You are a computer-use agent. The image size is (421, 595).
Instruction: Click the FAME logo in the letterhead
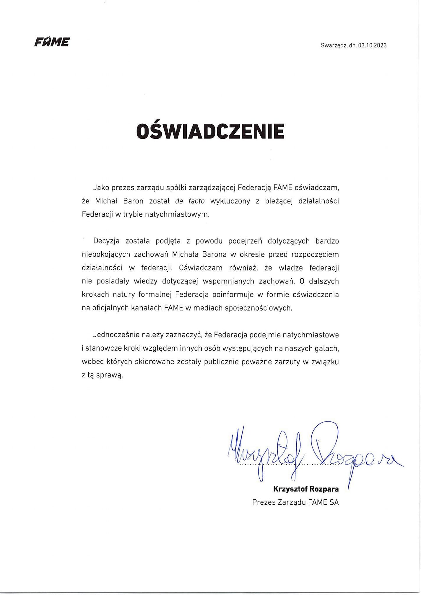click(52, 42)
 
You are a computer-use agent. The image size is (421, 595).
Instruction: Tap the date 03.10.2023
click(372, 45)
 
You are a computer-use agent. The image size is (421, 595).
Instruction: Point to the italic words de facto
click(190, 201)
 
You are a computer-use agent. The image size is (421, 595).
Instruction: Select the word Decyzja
click(106, 241)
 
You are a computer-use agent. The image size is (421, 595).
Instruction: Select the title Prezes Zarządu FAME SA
click(295, 502)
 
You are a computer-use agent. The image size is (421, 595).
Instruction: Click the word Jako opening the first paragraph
click(101, 188)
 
